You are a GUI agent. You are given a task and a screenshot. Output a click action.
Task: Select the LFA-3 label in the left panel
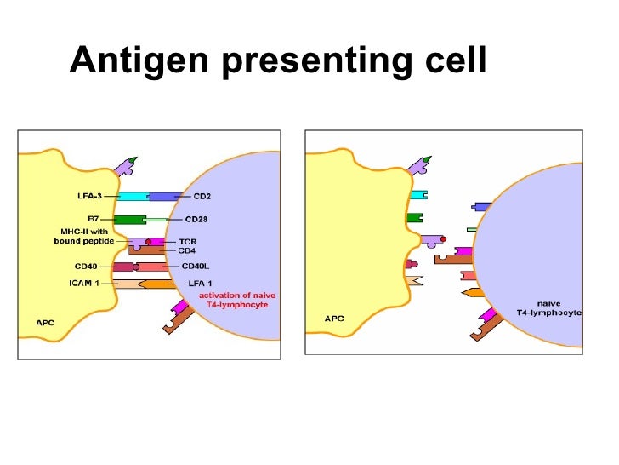(88, 197)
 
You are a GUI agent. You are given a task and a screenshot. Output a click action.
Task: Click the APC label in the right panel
(334, 319)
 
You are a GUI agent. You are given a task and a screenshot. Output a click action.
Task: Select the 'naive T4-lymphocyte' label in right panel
(548, 308)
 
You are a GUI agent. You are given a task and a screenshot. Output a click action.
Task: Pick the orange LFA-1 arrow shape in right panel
(474, 293)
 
